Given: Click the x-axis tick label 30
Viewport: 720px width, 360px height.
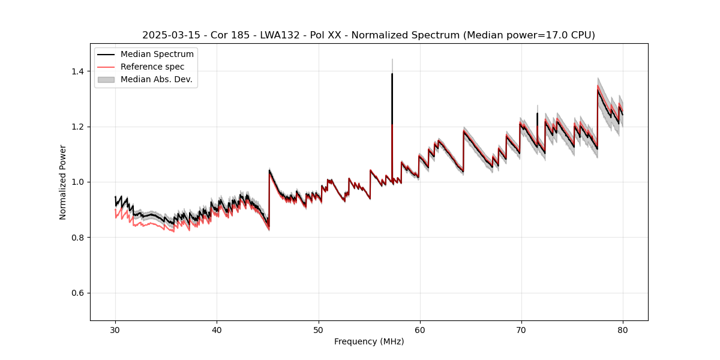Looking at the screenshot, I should tap(116, 329).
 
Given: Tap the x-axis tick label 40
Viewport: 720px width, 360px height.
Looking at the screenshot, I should tap(217, 329).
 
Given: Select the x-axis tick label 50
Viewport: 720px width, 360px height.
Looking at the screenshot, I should tap(319, 329).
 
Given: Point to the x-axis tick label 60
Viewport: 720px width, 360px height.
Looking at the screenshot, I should tap(420, 329).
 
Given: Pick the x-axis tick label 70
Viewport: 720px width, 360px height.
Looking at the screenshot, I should tap(521, 329).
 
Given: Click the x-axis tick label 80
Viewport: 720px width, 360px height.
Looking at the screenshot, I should tap(623, 329).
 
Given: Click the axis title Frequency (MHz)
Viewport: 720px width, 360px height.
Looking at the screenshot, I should tap(369, 341).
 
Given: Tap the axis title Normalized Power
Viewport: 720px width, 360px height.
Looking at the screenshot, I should tap(63, 182).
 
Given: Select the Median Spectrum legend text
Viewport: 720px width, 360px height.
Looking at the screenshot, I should tap(157, 55).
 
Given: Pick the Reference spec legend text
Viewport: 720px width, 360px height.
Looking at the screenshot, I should tap(152, 67).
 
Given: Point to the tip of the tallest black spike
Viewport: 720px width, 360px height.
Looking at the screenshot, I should tap(392, 74).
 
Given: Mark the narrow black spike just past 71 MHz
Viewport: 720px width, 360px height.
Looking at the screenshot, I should tap(537, 114).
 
